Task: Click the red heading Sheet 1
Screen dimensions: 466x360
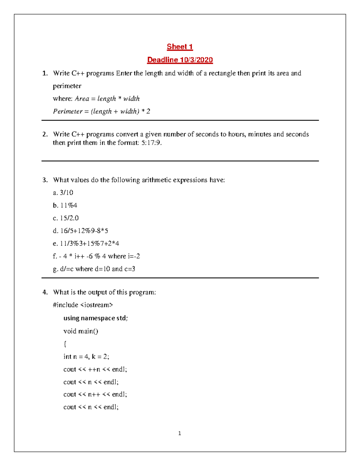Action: click(180, 47)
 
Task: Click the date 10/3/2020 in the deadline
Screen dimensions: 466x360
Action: click(196, 60)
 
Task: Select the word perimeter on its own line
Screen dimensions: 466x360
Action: click(67, 86)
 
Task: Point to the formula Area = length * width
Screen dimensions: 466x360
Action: click(107, 99)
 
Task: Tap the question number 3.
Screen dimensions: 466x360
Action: click(45, 180)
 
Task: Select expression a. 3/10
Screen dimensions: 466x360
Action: click(63, 193)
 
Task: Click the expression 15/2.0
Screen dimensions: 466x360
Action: click(69, 218)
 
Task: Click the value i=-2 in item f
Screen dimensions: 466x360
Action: click(133, 256)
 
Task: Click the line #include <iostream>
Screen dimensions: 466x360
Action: click(83, 305)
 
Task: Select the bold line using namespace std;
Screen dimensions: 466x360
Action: click(95, 318)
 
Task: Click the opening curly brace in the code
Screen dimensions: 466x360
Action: click(65, 344)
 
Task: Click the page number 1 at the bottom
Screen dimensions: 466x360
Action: click(179, 433)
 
